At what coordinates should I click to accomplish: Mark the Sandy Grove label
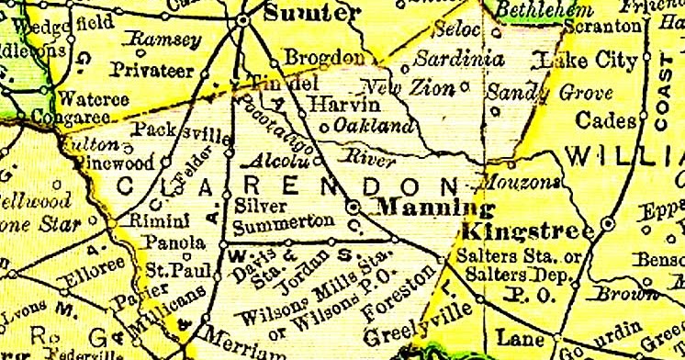(524, 92)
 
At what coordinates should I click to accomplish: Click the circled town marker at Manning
(354, 208)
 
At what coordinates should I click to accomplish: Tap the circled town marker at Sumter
(242, 17)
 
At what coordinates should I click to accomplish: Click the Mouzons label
(522, 183)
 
